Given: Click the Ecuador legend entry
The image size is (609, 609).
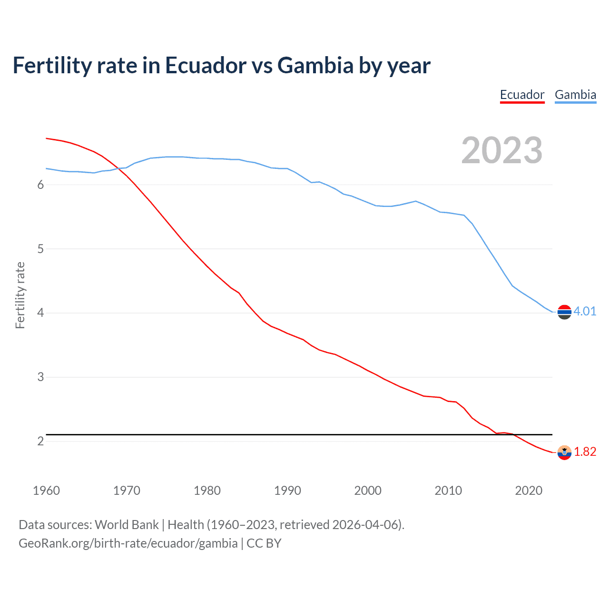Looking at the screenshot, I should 522,95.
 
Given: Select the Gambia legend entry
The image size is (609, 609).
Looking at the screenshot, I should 575,95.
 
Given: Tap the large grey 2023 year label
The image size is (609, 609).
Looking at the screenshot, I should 501,150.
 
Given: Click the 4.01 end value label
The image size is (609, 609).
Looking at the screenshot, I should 585,311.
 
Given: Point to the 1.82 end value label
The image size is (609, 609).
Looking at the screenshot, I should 585,452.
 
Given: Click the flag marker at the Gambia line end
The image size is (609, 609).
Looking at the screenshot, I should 564,312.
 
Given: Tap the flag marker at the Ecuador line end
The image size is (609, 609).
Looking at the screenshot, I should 564,452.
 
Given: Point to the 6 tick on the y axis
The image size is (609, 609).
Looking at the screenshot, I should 40,185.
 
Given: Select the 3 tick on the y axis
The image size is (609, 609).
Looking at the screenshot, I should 40,377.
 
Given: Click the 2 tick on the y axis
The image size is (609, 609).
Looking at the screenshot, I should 40,442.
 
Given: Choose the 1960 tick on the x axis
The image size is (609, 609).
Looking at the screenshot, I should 46,491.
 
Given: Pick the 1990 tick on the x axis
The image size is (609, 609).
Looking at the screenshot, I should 287,491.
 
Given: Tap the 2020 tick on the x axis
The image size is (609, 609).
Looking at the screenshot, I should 529,491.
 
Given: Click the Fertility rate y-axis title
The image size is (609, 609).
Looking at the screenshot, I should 20,295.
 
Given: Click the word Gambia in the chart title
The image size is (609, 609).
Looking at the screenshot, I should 315,65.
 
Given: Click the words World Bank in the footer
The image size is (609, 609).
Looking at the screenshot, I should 127,525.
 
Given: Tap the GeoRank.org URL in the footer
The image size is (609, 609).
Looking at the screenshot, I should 128,543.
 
